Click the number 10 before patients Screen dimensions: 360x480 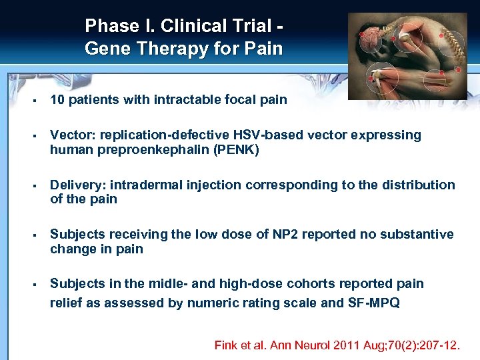tap(57, 100)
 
